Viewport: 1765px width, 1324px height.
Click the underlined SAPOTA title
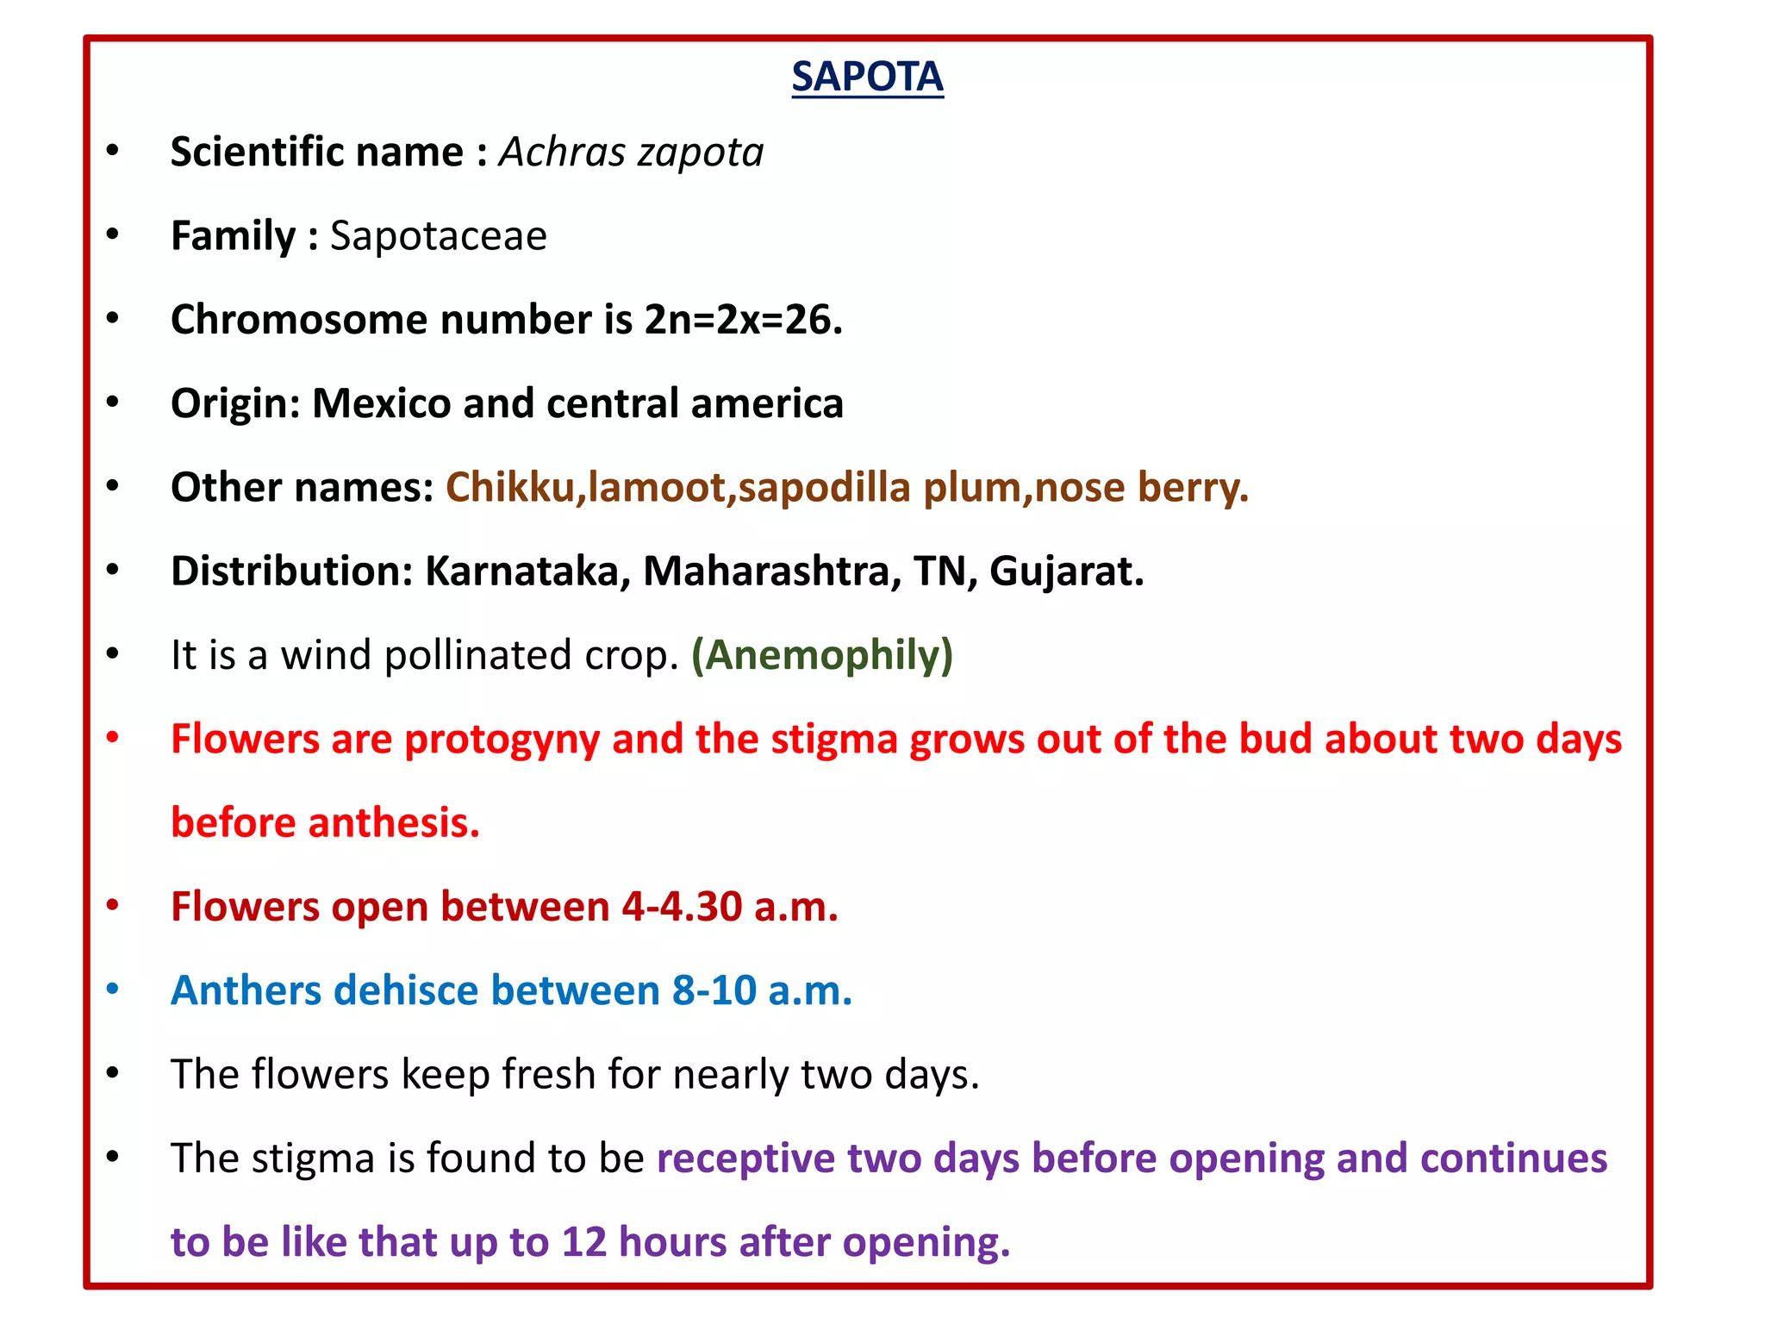tap(867, 78)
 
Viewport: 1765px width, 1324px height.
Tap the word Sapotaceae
tap(438, 236)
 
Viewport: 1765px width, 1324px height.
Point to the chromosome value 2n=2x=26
tap(743, 320)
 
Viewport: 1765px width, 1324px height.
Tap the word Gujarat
tap(1066, 571)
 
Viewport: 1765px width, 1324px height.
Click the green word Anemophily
tap(822, 655)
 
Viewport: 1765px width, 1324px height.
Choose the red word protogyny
tap(502, 740)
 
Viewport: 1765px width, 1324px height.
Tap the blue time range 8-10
tap(714, 990)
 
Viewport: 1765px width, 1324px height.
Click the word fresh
tap(549, 1075)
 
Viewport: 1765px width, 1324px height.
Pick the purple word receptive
tap(745, 1158)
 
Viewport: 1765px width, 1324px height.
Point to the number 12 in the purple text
tap(584, 1242)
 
